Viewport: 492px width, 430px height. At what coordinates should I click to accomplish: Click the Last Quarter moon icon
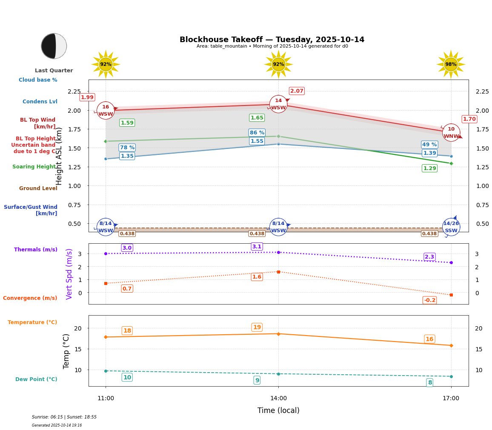pyautogui.click(x=54, y=46)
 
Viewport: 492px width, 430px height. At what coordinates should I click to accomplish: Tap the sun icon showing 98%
pyautogui.click(x=451, y=65)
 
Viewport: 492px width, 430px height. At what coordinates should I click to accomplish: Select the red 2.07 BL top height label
pyautogui.click(x=297, y=91)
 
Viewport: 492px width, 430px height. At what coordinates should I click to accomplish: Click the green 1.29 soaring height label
pyautogui.click(x=429, y=168)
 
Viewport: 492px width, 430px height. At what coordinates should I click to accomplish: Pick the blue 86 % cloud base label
pyautogui.click(x=257, y=133)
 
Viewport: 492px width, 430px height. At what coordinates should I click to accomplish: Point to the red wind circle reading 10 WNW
pyautogui.click(x=451, y=133)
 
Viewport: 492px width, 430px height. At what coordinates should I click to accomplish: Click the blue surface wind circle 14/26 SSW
pyautogui.click(x=451, y=227)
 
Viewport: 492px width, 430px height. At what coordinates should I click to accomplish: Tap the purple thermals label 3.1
pyautogui.click(x=257, y=247)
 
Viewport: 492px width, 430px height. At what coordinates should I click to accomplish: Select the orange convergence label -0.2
pyautogui.click(x=429, y=300)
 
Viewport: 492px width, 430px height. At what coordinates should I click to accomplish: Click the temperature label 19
pyautogui.click(x=257, y=327)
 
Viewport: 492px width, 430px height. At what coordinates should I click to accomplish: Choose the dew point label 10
pyautogui.click(x=127, y=377)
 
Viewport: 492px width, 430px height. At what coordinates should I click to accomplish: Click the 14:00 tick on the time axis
pyautogui.click(x=278, y=399)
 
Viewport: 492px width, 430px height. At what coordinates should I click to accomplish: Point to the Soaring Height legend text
pyautogui.click(x=34, y=167)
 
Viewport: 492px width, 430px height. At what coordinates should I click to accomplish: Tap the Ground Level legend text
pyautogui.click(x=38, y=188)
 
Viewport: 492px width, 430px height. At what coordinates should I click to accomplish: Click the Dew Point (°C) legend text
pyautogui.click(x=36, y=379)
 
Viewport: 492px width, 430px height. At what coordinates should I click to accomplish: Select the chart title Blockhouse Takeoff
pyautogui.click(x=272, y=40)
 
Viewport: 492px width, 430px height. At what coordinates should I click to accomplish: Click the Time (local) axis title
pyautogui.click(x=278, y=410)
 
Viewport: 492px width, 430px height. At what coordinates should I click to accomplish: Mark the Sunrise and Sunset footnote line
pyautogui.click(x=64, y=417)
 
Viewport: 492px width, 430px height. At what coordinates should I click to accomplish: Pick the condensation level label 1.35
pyautogui.click(x=127, y=156)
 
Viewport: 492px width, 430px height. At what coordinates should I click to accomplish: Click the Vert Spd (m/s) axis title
pyautogui.click(x=69, y=274)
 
